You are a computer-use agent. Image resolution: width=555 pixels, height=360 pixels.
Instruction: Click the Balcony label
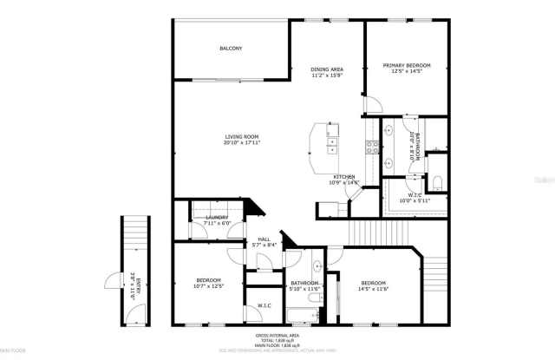pyautogui.click(x=230, y=48)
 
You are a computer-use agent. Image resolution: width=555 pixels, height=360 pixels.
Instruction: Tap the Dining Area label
pyautogui.click(x=327, y=69)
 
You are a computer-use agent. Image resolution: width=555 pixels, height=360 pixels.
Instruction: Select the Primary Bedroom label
pyautogui.click(x=408, y=65)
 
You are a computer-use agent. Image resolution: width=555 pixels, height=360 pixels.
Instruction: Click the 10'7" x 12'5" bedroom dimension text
pyautogui.click(x=209, y=285)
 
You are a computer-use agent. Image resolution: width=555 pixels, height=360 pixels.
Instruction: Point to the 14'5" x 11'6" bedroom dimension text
pyautogui.click(x=374, y=289)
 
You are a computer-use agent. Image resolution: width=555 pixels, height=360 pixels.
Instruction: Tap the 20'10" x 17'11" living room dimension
pyautogui.click(x=242, y=142)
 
